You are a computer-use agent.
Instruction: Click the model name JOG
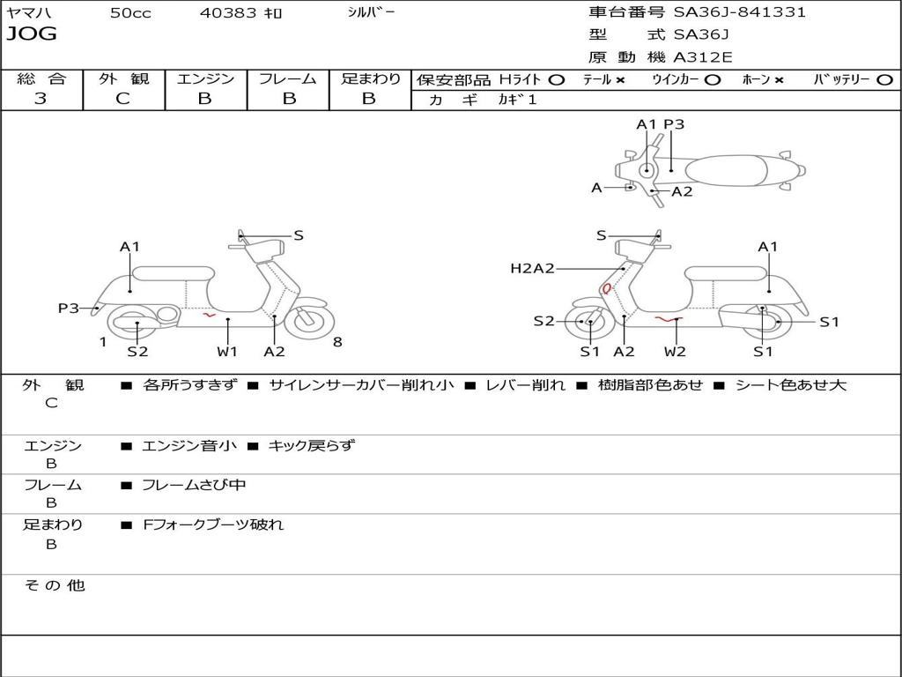point(31,34)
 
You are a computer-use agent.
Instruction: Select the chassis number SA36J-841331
point(739,12)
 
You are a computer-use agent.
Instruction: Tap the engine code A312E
point(701,57)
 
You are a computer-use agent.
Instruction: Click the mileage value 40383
point(228,13)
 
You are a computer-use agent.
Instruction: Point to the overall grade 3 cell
point(41,99)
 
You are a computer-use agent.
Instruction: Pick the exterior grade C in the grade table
point(122,99)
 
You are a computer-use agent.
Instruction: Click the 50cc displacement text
point(130,13)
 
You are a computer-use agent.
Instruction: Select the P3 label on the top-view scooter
point(674,124)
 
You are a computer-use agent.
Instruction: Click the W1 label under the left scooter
point(227,352)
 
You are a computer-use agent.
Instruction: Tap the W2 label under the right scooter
point(675,352)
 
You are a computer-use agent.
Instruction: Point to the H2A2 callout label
point(532,268)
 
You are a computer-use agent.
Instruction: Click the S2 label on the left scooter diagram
point(137,352)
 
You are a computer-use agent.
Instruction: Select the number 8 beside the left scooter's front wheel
point(337,342)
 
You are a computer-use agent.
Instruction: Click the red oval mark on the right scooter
point(606,288)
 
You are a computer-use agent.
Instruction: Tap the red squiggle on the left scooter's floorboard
point(208,313)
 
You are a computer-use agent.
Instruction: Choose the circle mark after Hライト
point(556,79)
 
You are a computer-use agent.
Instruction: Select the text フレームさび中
point(194,485)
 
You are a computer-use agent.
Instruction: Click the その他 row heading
point(54,585)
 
